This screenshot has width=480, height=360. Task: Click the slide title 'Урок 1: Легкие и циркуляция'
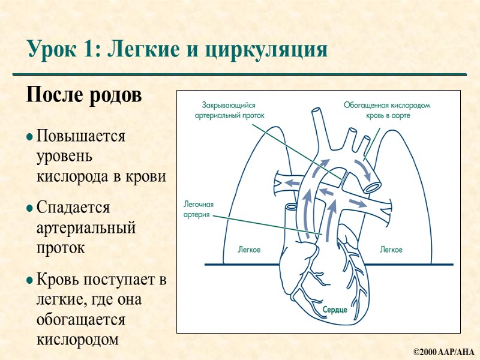[x=177, y=50]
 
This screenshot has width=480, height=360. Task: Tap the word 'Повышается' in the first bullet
[x=81, y=136]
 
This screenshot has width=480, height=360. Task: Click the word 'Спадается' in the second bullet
[x=73, y=208]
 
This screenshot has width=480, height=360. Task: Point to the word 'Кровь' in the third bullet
[x=58, y=279]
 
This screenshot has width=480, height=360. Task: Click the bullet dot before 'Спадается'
[x=29, y=209]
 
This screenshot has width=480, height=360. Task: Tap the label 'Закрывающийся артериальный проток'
[x=234, y=110]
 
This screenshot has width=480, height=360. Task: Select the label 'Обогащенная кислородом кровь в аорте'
[x=386, y=110]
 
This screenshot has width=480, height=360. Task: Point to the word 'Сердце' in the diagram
[x=335, y=310]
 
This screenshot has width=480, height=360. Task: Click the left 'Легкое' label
[x=249, y=249]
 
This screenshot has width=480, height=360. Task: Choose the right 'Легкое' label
[x=391, y=249]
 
